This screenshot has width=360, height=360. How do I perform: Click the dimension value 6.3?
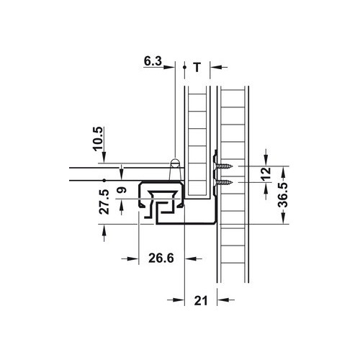pos(153,63)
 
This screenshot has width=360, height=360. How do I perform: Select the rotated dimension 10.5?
pos(99,136)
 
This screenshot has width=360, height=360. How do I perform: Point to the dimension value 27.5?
pos(104,202)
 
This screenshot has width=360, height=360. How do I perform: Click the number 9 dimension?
pos(122,193)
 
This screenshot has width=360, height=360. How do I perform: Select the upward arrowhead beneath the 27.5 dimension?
pos(105,228)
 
